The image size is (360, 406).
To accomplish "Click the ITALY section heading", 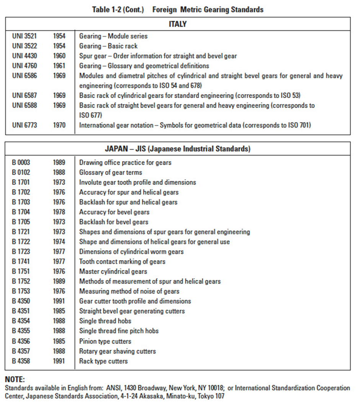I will click(x=178, y=24).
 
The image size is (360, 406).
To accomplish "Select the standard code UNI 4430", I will click(x=25, y=56).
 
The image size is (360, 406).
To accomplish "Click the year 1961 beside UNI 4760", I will click(x=59, y=66).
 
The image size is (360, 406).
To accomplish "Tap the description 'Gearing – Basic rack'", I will click(x=108, y=46).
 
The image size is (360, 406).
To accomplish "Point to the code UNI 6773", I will click(x=25, y=125).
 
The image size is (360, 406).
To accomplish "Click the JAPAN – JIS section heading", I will click(x=178, y=149).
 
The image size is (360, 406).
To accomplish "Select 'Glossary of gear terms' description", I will click(x=111, y=172).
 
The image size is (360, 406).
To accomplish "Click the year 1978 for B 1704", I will click(x=59, y=212).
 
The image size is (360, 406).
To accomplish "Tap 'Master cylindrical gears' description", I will click(x=113, y=272).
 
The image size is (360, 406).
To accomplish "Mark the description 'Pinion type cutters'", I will click(x=105, y=341).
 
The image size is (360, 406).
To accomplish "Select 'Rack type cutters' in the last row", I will click(x=103, y=361).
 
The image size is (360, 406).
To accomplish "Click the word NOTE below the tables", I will click(x=15, y=380).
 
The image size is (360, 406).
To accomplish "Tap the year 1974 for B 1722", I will click(x=59, y=242).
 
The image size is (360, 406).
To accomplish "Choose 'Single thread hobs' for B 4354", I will click(x=105, y=321).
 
